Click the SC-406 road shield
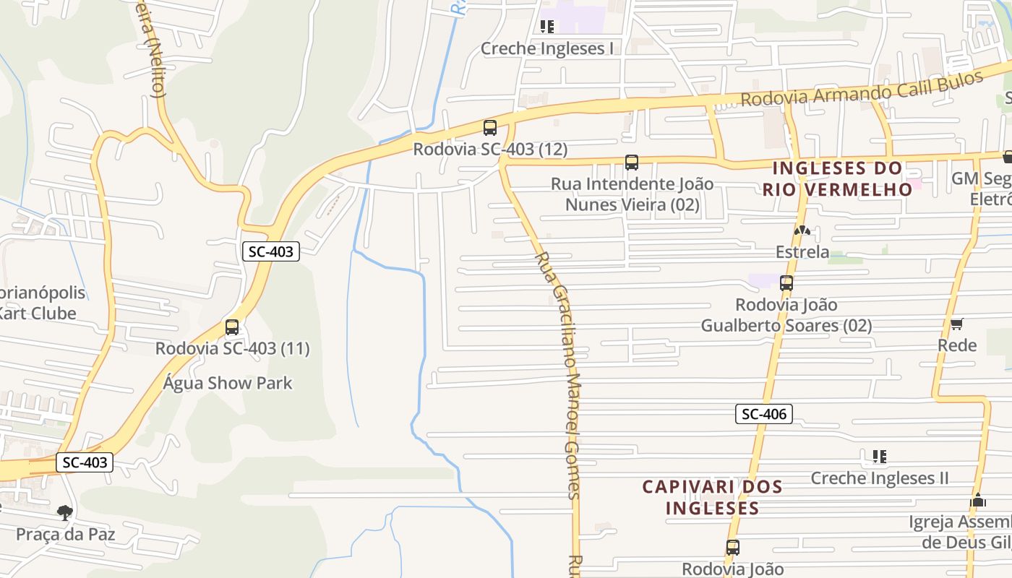[x=764, y=414]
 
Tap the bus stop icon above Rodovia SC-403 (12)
[x=490, y=128]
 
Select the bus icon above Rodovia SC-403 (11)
[x=232, y=327]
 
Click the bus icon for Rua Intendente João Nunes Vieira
[x=632, y=163]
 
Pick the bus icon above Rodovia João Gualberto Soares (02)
[x=786, y=283]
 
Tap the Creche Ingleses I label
[x=547, y=48]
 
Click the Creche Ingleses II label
[x=879, y=478]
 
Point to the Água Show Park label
[x=228, y=383]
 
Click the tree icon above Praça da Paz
[x=65, y=513]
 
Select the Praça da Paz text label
[x=66, y=535]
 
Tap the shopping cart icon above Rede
[x=956, y=324]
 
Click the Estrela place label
[x=802, y=252]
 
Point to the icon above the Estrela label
[x=802, y=230]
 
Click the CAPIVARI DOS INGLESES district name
[x=713, y=497]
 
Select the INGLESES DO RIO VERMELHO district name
[x=838, y=178]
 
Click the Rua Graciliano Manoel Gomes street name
[x=565, y=376]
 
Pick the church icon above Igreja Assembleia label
[x=978, y=500]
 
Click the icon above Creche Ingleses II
[x=879, y=456]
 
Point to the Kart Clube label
[x=38, y=314]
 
